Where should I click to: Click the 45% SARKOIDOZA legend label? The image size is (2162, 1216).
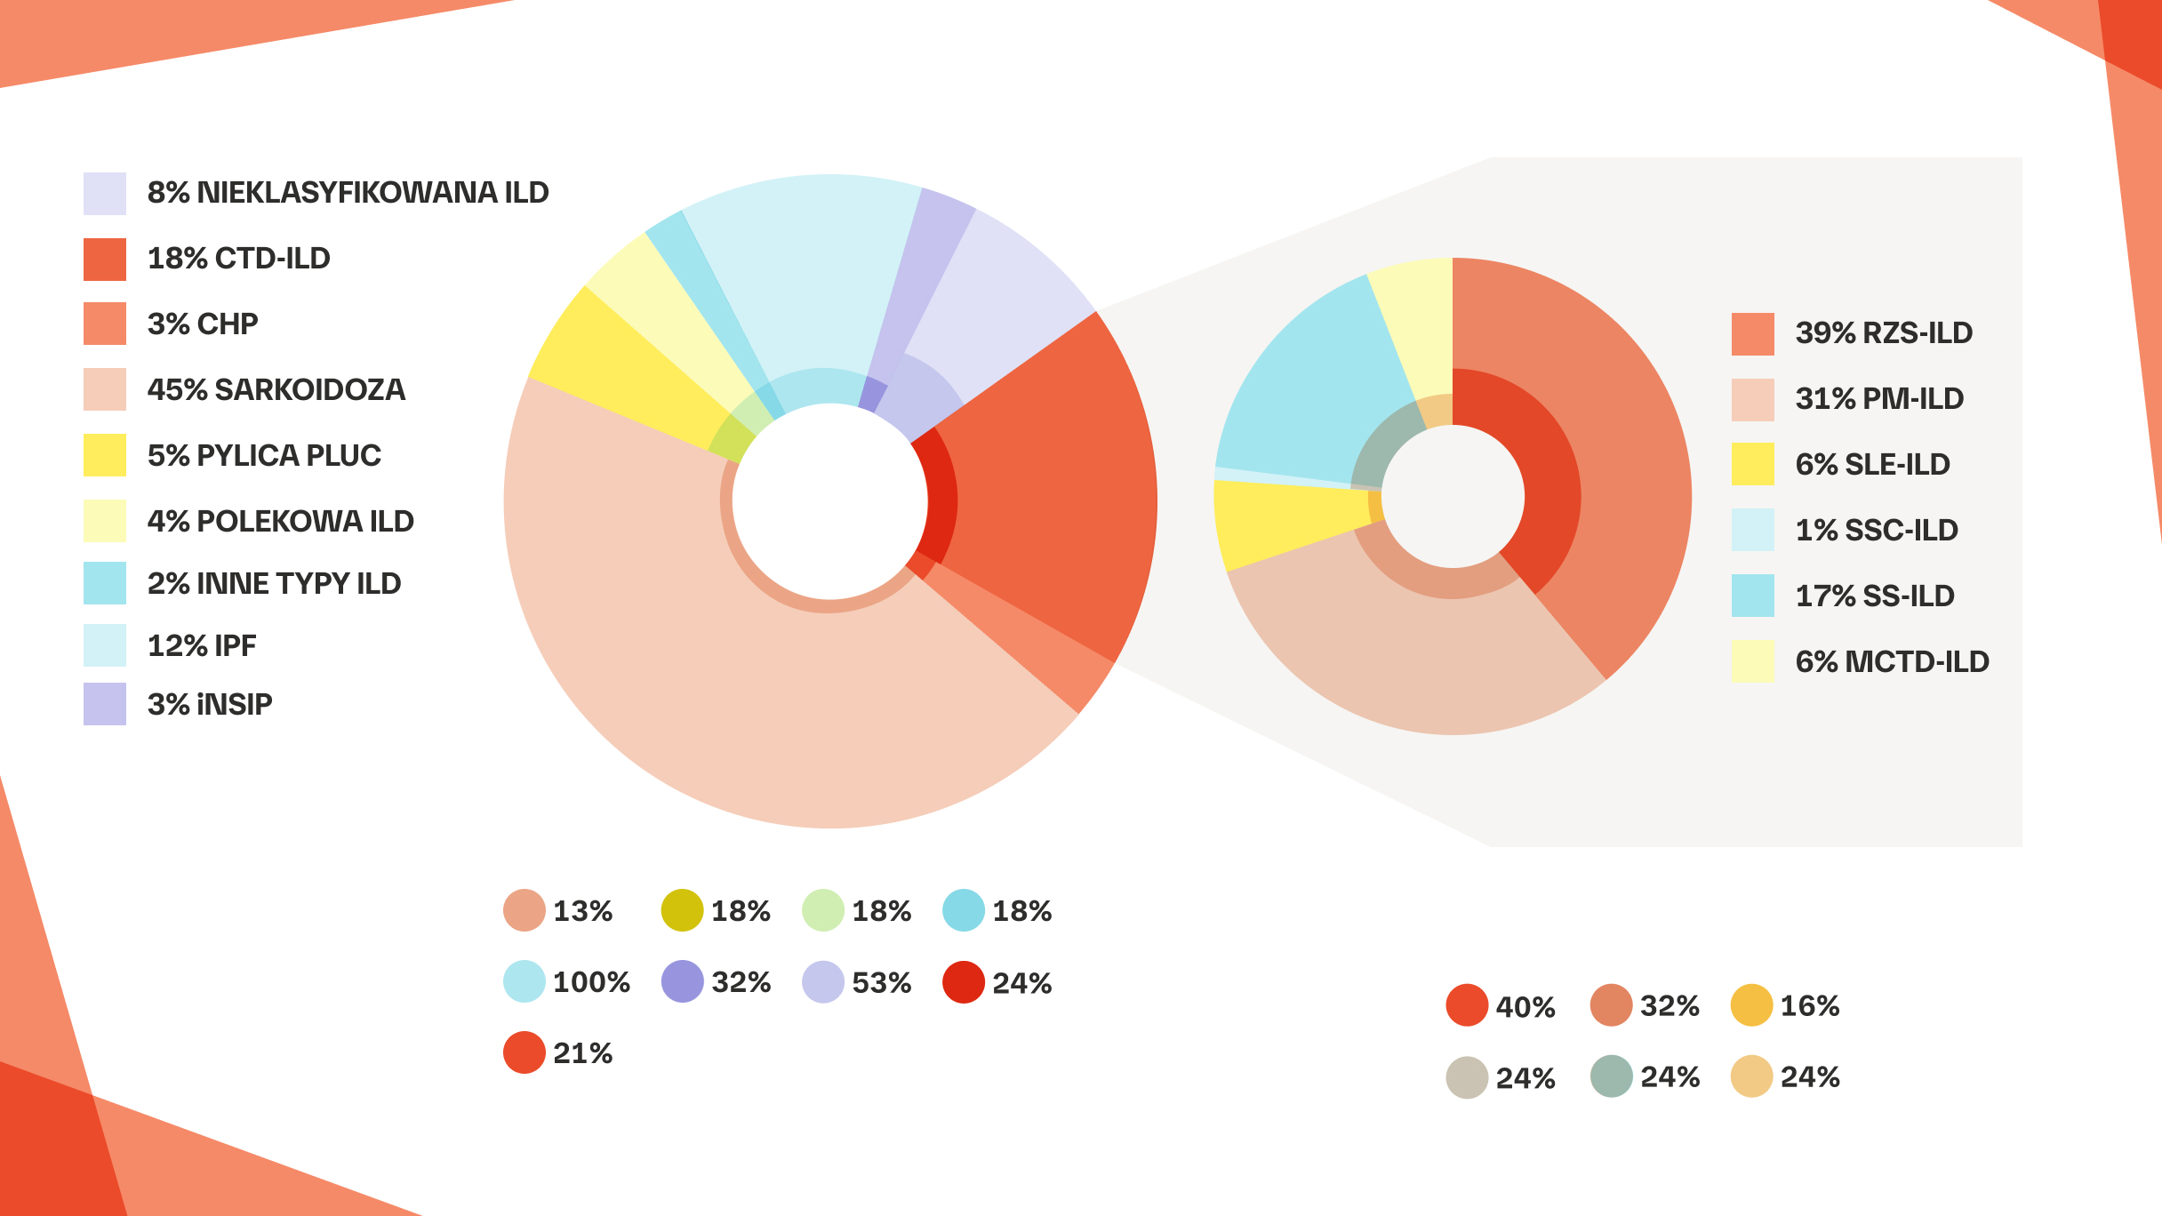[276, 389]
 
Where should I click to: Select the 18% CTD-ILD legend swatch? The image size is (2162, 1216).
[105, 260]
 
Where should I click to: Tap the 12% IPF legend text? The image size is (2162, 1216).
[202, 645]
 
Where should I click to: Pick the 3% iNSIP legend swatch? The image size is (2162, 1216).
[105, 704]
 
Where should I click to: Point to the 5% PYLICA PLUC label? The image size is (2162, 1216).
[264, 455]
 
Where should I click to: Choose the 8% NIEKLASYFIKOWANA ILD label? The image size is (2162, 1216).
[348, 192]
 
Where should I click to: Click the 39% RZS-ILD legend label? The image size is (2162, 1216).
[1884, 332]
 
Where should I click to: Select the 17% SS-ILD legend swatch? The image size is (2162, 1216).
[1752, 596]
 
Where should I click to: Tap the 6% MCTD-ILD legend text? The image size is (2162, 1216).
[1892, 661]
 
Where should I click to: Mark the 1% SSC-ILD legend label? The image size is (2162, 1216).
[1877, 530]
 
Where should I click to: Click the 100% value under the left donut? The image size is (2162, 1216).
[591, 982]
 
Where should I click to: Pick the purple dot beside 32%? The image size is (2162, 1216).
[682, 982]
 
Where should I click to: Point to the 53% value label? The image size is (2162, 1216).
[881, 982]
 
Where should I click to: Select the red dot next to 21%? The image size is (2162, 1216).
[524, 1052]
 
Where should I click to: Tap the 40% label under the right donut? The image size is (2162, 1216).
[1525, 1007]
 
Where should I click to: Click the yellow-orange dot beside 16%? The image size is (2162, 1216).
[1751, 1005]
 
